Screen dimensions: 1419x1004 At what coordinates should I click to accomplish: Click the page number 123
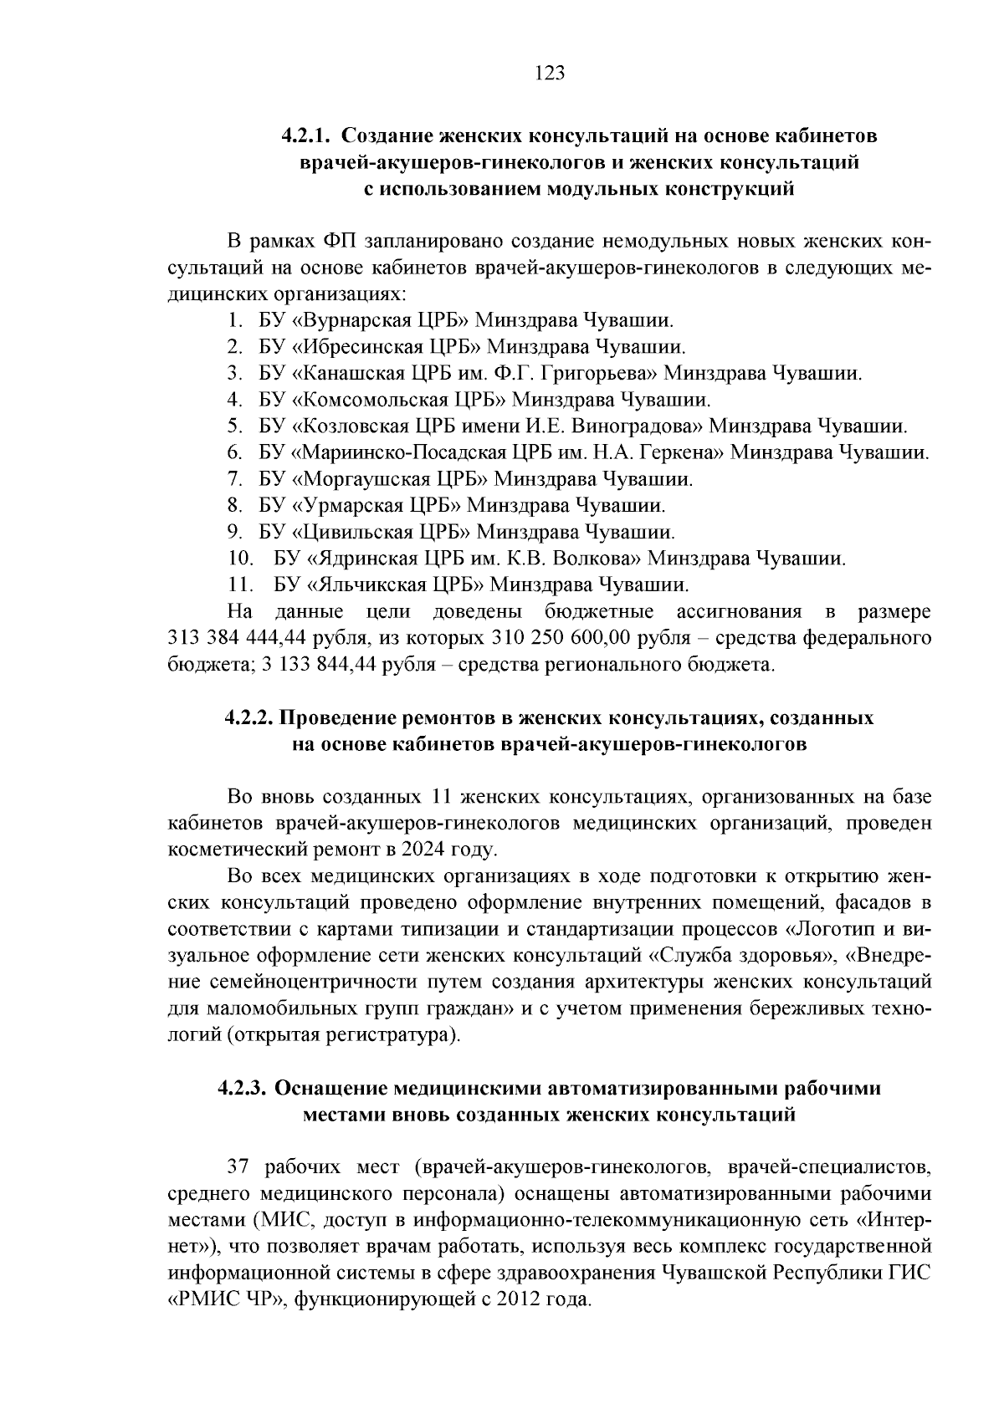tap(550, 73)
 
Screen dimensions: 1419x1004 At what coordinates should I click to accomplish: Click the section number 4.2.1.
tap(308, 135)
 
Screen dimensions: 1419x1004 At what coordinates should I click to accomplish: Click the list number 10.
tap(241, 559)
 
